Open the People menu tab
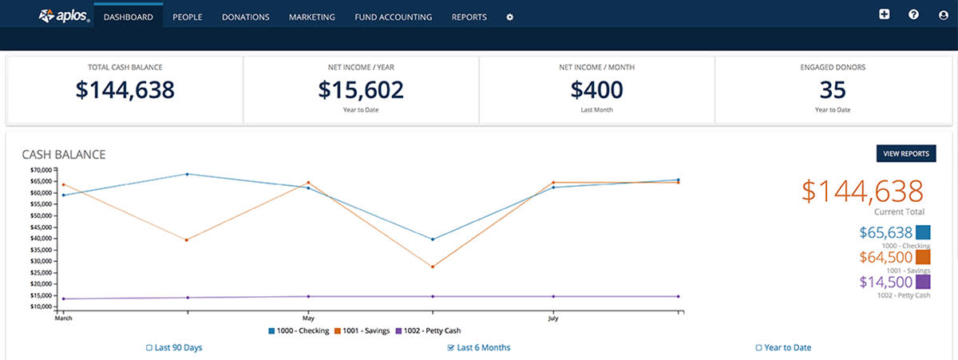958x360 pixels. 187,17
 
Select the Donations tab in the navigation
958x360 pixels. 245,17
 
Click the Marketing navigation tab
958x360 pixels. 311,17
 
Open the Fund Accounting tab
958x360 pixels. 393,17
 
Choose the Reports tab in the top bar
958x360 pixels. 469,17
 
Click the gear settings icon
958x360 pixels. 510,17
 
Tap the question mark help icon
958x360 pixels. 913,14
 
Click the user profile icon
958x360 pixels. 944,14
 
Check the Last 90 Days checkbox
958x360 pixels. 149,348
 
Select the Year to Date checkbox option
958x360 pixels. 758,348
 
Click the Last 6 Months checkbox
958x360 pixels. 451,348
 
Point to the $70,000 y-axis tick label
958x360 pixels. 40,170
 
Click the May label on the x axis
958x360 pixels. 308,318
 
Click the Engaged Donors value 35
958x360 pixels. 832,89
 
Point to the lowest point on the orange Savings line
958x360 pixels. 432,267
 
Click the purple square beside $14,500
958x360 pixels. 923,282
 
